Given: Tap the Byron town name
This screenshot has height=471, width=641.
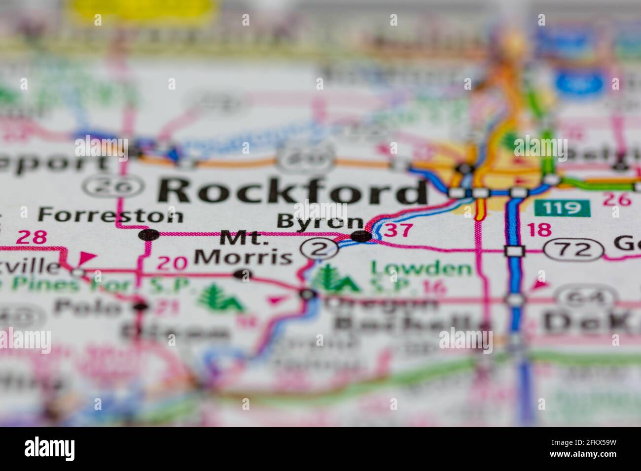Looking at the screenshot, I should click(320, 221).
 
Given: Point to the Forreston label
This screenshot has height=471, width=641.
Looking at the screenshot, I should click(110, 215).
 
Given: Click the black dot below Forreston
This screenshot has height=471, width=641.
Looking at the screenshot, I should click(149, 235).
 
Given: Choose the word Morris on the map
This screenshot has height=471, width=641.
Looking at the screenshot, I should click(243, 256).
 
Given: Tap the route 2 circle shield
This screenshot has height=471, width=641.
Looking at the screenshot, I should click(320, 249).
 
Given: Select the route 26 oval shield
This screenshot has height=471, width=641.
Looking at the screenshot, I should click(113, 186).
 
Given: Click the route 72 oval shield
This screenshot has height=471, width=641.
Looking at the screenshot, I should click(574, 250).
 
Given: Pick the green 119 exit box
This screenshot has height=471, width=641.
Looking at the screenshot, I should click(562, 208).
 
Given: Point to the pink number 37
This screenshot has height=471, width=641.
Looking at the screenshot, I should click(397, 230).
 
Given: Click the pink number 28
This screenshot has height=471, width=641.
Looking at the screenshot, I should click(32, 237).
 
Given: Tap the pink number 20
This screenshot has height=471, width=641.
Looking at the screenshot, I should click(172, 263).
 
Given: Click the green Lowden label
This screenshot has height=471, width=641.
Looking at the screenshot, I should click(421, 269).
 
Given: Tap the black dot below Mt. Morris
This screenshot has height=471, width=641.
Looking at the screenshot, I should click(242, 274).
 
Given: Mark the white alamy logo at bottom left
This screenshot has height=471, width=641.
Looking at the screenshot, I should click(50, 448).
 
